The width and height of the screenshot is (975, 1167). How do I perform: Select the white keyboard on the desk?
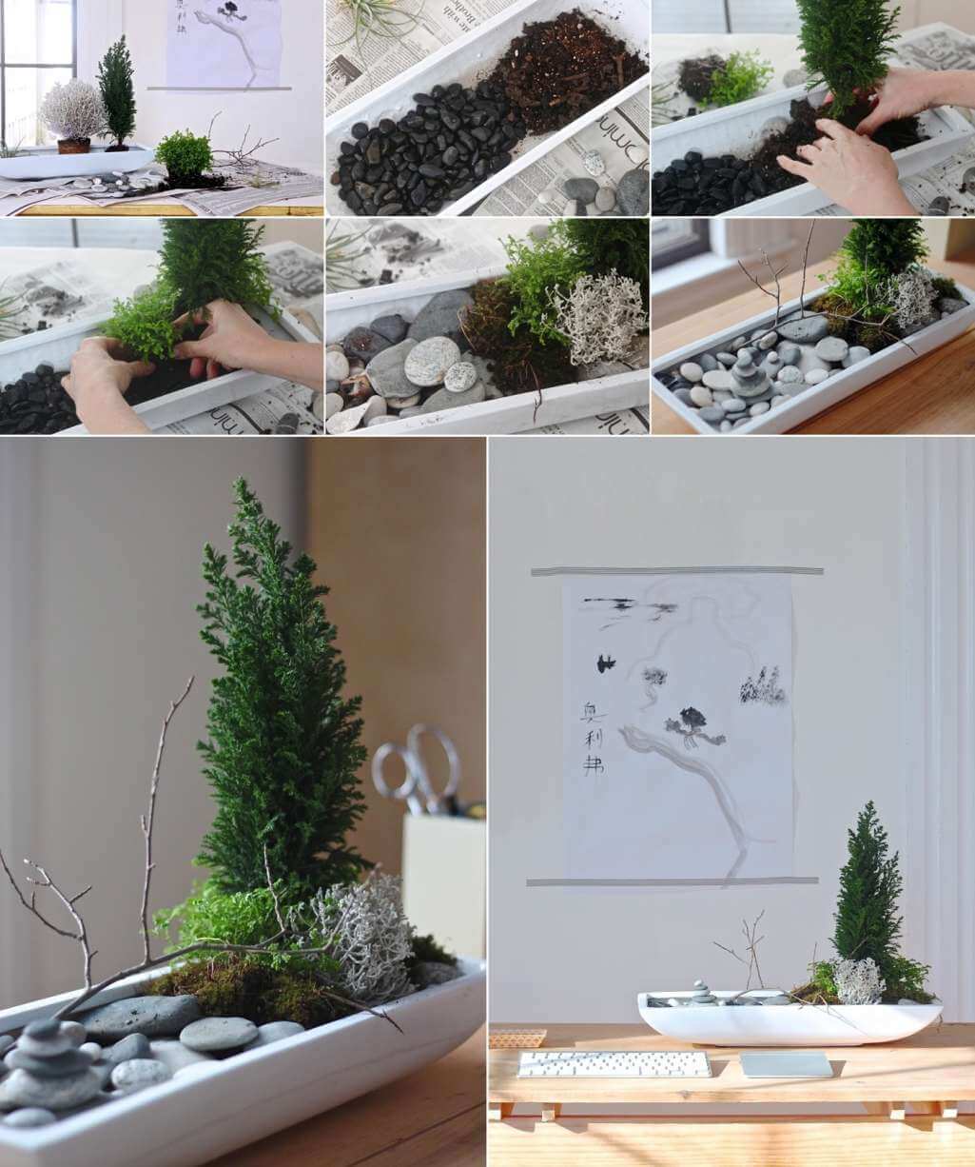pyautogui.click(x=613, y=1063)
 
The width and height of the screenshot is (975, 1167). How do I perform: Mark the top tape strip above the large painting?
pyautogui.click(x=676, y=571)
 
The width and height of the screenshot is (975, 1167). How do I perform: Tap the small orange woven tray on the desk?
pyautogui.click(x=517, y=1038)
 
